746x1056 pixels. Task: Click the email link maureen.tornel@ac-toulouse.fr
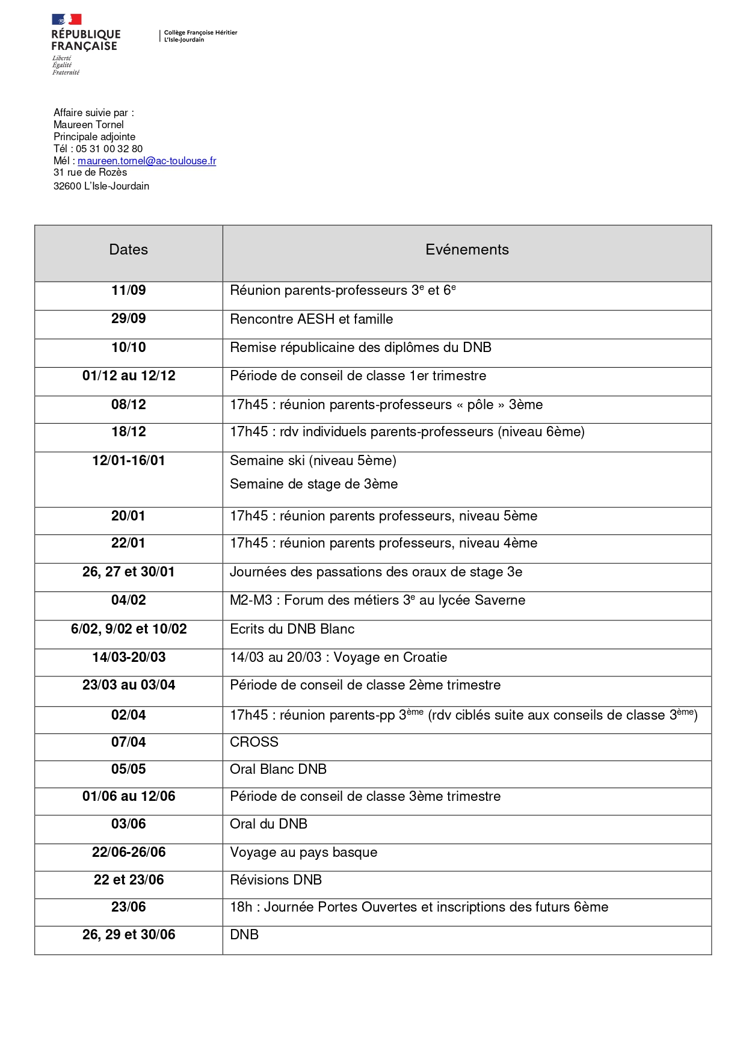(x=147, y=161)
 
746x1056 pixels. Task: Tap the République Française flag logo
(x=67, y=20)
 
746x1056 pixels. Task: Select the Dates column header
(x=128, y=250)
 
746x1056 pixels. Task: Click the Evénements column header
(x=467, y=250)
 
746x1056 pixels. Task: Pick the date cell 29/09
(x=128, y=319)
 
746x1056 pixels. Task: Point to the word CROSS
(x=254, y=742)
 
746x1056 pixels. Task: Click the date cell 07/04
(x=128, y=742)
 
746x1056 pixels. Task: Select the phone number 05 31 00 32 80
(x=109, y=149)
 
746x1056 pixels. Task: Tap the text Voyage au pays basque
(x=303, y=852)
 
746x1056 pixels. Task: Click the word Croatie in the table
(x=425, y=657)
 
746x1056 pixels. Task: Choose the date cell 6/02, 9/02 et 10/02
(x=128, y=629)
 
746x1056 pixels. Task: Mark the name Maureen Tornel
(x=88, y=125)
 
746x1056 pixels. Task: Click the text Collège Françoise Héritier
(x=200, y=32)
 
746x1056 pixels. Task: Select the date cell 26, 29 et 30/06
(x=128, y=934)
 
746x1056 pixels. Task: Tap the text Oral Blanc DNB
(x=278, y=769)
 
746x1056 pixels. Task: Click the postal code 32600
(x=67, y=186)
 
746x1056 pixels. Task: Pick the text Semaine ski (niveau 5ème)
(x=313, y=461)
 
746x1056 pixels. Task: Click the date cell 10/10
(x=128, y=347)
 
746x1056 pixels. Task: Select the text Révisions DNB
(x=276, y=880)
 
